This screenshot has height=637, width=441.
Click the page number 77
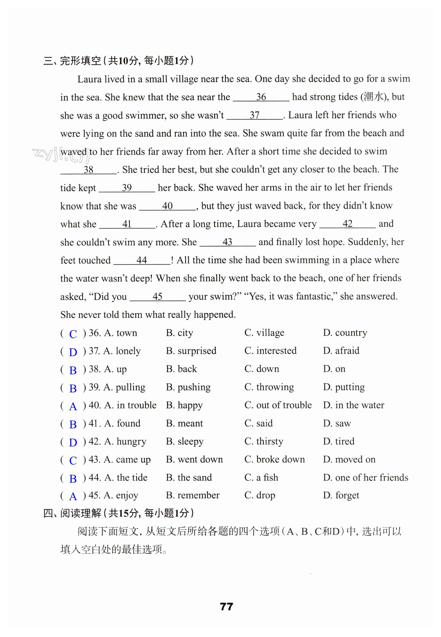click(x=226, y=607)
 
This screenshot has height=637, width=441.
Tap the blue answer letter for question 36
click(x=73, y=334)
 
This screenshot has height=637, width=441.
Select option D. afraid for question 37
click(x=341, y=351)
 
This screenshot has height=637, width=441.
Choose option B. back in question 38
click(x=181, y=369)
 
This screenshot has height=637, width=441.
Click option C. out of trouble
click(x=278, y=405)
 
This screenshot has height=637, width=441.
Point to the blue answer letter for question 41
click(x=73, y=425)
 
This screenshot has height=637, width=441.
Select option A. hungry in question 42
click(x=125, y=441)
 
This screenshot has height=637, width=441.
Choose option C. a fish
click(x=261, y=477)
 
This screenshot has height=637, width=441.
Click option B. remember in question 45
click(x=193, y=495)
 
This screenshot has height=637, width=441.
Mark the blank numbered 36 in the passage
click(x=261, y=97)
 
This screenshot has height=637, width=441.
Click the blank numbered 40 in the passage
click(x=167, y=206)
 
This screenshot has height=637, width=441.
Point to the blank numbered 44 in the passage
click(x=142, y=260)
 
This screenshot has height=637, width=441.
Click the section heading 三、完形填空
click(x=72, y=61)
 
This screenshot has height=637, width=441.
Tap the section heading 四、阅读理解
click(x=72, y=513)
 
